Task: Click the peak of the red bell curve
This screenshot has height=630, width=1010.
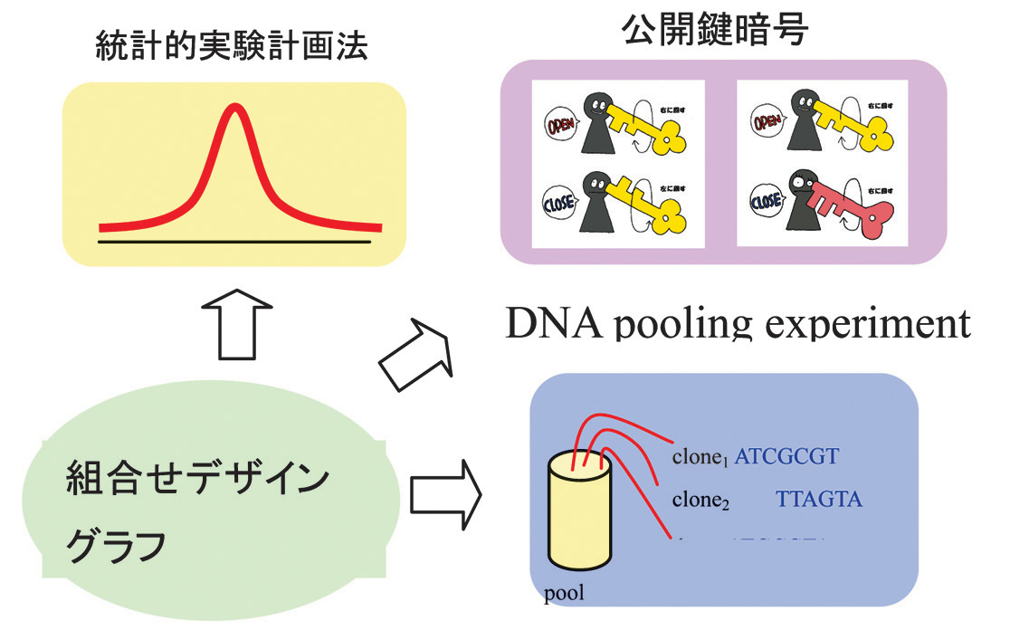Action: click(x=234, y=110)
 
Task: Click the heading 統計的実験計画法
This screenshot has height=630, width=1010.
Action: click(x=233, y=48)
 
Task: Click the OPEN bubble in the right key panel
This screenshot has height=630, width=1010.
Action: click(x=767, y=122)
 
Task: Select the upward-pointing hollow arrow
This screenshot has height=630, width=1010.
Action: click(x=233, y=322)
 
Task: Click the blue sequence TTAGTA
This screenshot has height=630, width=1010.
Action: click(x=819, y=498)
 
